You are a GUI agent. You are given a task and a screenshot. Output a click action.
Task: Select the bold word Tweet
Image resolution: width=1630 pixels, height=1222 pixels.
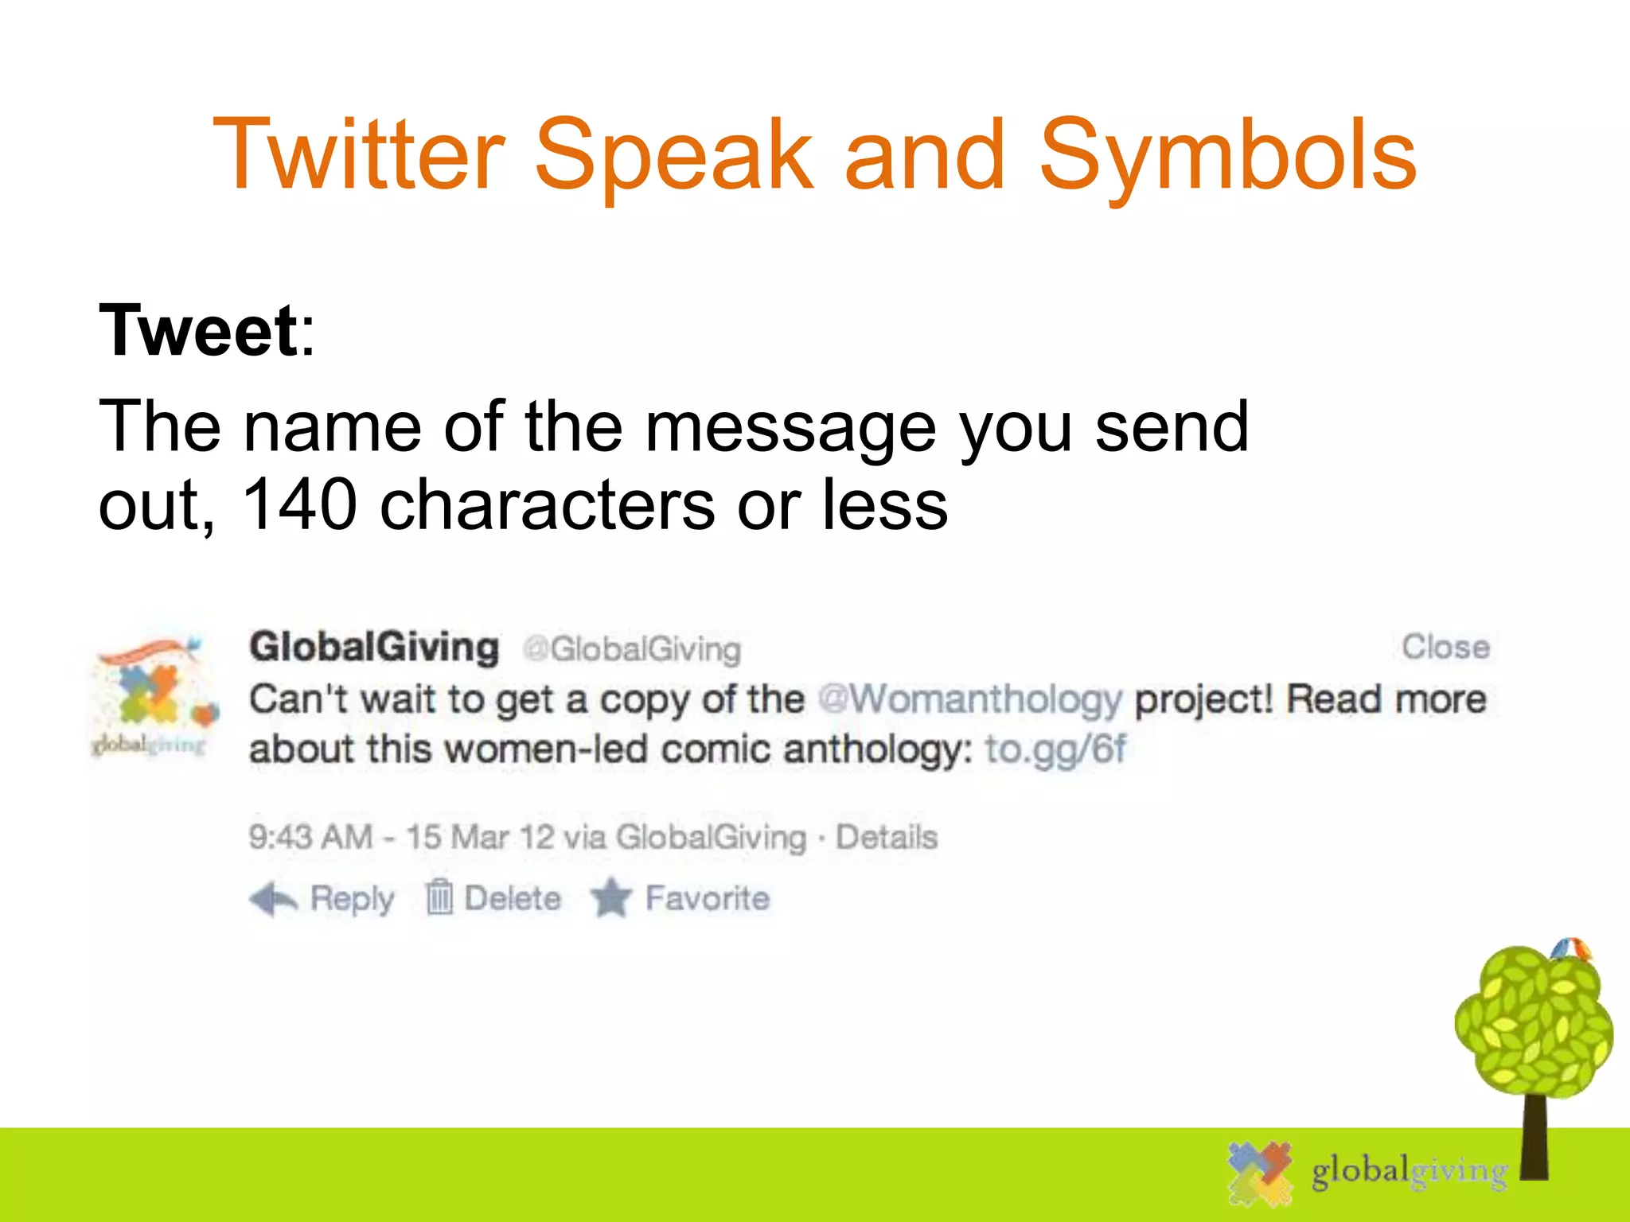coord(197,330)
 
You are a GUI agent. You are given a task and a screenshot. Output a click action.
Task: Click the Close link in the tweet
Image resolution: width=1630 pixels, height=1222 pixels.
coord(1445,647)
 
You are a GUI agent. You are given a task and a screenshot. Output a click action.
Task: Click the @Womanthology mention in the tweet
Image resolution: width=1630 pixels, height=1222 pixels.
coord(970,699)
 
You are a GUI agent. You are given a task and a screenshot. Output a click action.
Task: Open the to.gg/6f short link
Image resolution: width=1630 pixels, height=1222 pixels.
coord(1055,749)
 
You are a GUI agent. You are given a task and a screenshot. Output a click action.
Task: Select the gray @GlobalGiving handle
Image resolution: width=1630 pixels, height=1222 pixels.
coord(631,649)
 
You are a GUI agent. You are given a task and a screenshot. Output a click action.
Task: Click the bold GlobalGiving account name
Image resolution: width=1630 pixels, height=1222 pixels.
coord(374,647)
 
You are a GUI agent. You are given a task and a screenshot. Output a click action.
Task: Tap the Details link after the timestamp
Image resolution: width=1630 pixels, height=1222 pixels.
coord(887,837)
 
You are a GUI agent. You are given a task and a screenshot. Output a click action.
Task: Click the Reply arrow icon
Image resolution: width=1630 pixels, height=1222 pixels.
coord(273,900)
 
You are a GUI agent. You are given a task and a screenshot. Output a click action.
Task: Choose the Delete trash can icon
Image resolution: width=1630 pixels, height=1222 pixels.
coord(439,898)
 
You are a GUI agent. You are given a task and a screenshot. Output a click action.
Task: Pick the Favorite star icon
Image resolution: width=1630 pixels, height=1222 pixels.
coord(611,898)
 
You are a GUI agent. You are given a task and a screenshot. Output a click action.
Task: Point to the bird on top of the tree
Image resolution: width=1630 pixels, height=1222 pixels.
coord(1570,949)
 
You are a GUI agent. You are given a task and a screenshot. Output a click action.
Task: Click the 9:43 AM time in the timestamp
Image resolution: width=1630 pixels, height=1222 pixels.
coord(310,837)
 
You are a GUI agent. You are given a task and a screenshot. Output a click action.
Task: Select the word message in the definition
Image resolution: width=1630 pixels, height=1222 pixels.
coord(790,427)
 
